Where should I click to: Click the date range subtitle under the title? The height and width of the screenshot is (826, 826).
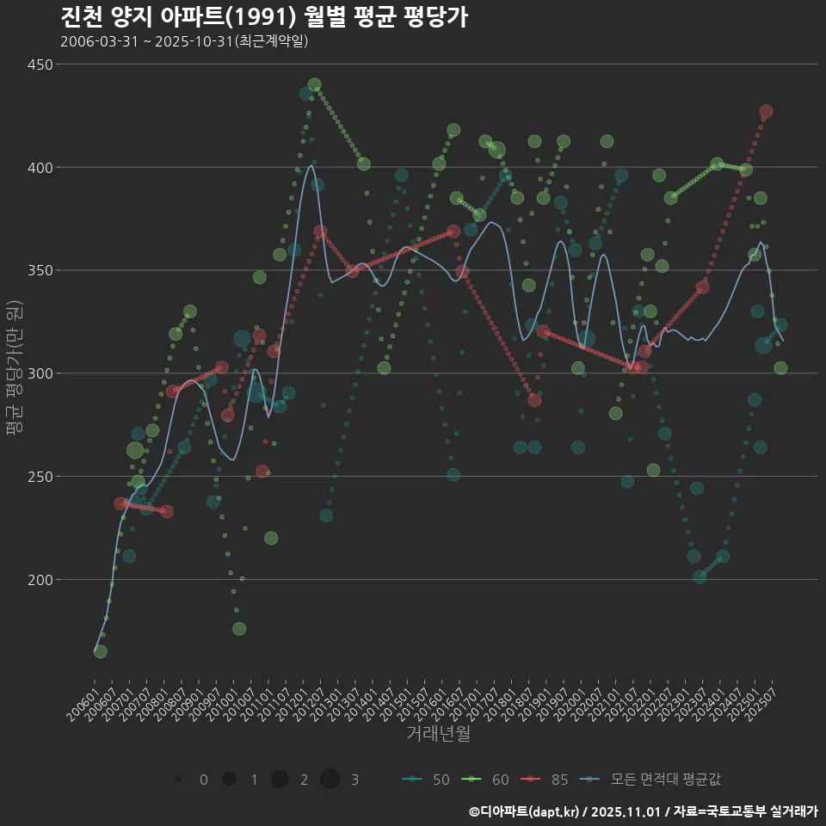(x=184, y=41)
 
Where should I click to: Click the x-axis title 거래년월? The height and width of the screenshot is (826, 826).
(x=438, y=734)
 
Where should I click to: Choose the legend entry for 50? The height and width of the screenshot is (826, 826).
(x=427, y=780)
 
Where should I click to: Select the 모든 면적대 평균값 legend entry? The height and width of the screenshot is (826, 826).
(x=651, y=780)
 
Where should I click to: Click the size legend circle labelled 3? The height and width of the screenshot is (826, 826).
(x=330, y=780)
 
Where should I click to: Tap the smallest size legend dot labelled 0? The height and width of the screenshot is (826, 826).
(x=178, y=780)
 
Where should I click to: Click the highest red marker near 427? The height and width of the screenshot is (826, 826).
(x=766, y=112)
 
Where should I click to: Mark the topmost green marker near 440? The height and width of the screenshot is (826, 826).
(x=314, y=85)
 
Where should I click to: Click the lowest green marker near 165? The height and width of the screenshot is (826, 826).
(x=101, y=651)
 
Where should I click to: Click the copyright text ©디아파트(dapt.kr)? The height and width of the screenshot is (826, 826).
(x=525, y=811)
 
